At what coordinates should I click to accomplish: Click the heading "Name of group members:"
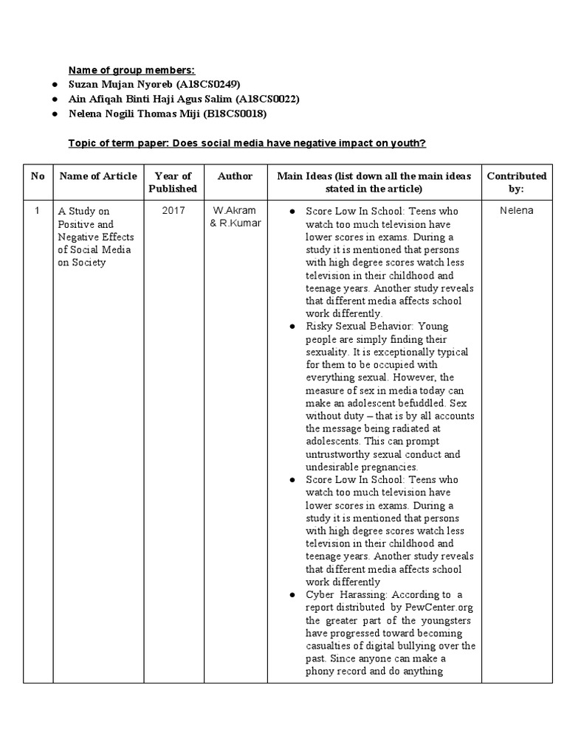[x=132, y=70]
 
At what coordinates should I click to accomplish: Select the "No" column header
[x=38, y=175]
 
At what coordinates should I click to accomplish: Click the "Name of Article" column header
[x=97, y=175]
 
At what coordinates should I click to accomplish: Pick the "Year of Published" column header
[x=173, y=182]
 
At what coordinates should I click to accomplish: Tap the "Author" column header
[x=235, y=175]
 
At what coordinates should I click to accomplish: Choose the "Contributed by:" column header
[x=516, y=182]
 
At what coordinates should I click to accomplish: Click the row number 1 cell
[x=38, y=211]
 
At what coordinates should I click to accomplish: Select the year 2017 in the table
[x=173, y=211]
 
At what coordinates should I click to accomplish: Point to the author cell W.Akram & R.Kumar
[x=235, y=217]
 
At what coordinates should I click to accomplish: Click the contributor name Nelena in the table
[x=516, y=211]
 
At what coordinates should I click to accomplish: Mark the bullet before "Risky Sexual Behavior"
[x=293, y=326]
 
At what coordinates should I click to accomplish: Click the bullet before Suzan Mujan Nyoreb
[x=55, y=84]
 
